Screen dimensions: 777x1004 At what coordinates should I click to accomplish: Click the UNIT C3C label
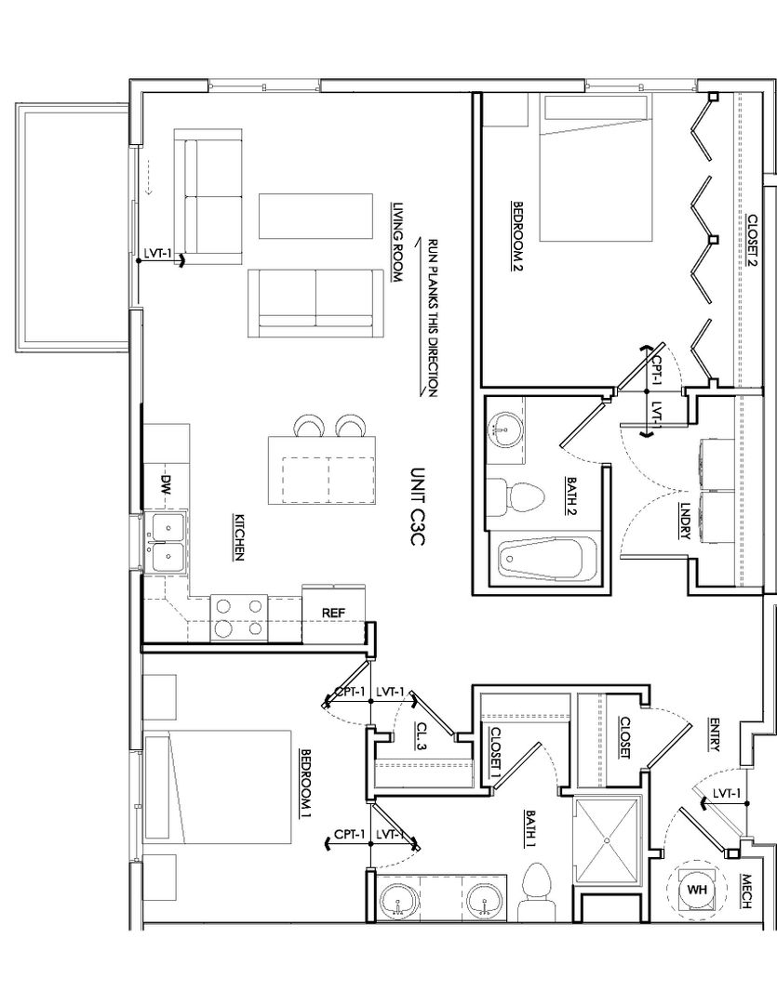pos(418,506)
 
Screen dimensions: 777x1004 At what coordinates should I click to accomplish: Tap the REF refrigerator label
pos(333,613)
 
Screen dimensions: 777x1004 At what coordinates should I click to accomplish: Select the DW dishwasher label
pos(166,483)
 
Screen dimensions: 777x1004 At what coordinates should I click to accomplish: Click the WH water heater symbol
pos(697,890)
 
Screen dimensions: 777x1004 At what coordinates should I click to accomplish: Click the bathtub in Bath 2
pos(547,559)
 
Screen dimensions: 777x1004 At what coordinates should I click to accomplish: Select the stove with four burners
pos(239,617)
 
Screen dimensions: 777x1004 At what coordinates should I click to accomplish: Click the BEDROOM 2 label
pos(516,236)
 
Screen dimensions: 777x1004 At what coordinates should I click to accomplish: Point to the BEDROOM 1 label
pos(306,783)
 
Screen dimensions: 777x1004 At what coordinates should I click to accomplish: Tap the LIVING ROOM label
pos(397,244)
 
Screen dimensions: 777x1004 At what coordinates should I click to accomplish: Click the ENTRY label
pos(714,733)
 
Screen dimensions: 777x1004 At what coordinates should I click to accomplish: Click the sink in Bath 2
pos(505,429)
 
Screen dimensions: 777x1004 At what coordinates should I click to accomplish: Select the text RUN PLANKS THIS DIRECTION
pos(433,318)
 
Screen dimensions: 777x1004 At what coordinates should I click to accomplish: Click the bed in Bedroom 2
pos(596,168)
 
